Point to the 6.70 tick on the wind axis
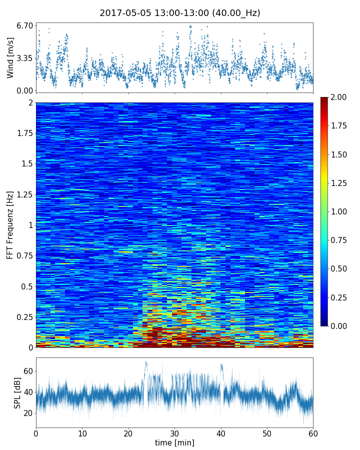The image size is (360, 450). (24, 25)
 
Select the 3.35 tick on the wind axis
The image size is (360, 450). (24, 58)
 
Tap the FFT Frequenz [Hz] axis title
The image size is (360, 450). (10, 225)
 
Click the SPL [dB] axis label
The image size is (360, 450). (17, 392)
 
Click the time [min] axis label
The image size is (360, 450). (174, 442)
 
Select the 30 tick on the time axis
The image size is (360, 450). (174, 433)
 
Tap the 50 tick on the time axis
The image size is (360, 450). (267, 433)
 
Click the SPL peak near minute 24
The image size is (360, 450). (146, 362)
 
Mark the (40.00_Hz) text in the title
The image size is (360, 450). (234, 13)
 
